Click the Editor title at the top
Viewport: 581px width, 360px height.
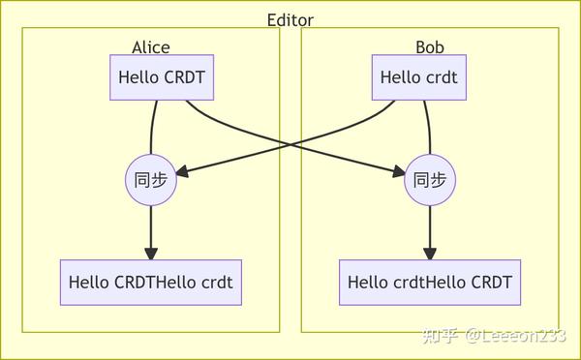(290, 19)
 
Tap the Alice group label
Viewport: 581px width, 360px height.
(150, 46)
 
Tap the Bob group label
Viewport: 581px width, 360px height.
(429, 46)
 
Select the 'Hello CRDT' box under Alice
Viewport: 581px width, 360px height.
(162, 77)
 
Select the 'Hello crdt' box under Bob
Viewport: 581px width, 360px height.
(418, 77)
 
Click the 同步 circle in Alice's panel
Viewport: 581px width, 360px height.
(151, 179)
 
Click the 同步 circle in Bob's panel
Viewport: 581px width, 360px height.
(429, 179)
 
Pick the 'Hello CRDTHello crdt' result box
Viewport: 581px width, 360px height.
(150, 283)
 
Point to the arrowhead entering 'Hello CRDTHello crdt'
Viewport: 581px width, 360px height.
(151, 253)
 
